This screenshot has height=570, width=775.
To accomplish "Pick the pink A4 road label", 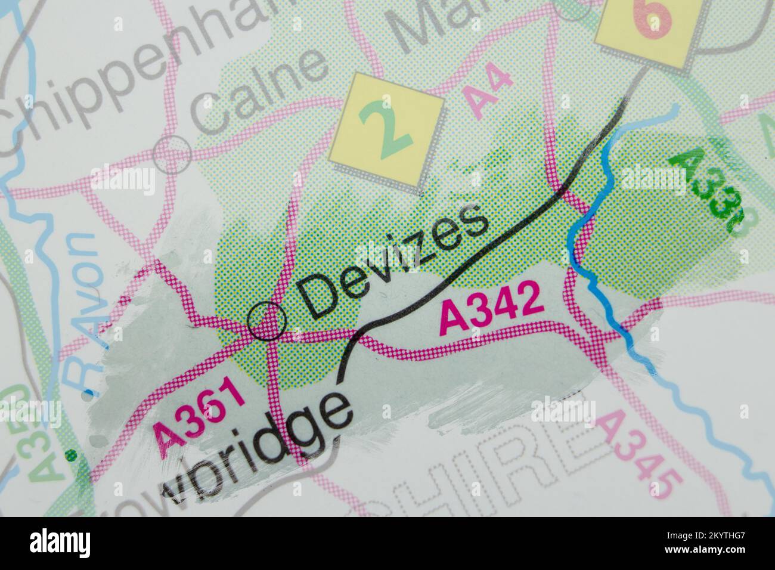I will tap(487, 92).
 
